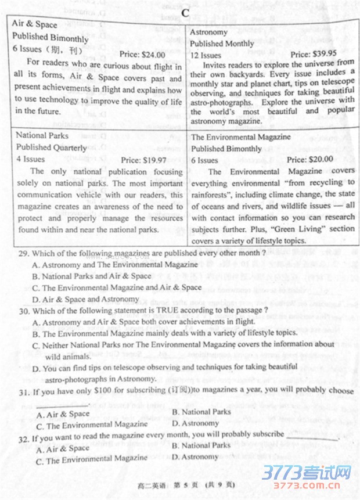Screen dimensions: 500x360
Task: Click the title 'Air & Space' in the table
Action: coord(35,24)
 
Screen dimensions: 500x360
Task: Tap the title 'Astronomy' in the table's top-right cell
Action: coord(210,33)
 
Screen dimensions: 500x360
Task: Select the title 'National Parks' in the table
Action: coord(42,136)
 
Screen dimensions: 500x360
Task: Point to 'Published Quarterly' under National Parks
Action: coord(52,148)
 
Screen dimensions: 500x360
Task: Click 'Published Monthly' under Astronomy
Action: coord(222,44)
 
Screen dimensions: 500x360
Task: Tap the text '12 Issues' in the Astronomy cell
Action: coord(206,55)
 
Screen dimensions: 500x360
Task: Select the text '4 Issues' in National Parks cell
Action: coord(31,159)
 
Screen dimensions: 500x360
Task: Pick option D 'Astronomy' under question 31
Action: coord(195,423)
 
